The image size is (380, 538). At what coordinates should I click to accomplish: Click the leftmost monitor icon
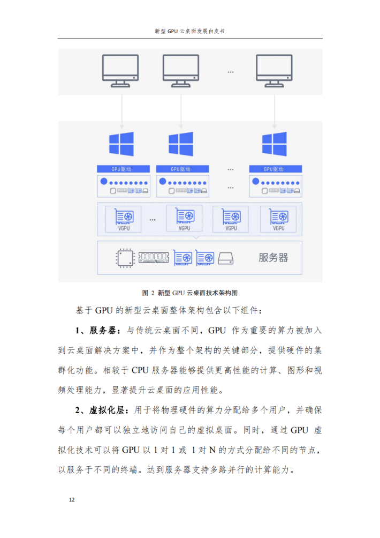(x=120, y=71)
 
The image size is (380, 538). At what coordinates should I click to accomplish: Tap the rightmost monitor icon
(x=274, y=71)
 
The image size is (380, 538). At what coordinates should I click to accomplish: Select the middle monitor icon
(x=181, y=71)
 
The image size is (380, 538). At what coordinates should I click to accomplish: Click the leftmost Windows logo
(x=121, y=144)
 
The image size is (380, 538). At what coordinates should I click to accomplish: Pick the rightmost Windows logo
(x=274, y=144)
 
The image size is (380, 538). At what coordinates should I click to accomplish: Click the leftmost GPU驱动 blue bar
(x=123, y=169)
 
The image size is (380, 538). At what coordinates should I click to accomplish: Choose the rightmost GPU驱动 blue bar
(x=276, y=169)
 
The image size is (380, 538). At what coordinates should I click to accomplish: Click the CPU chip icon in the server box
(x=125, y=258)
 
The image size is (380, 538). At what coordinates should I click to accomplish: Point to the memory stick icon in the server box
(x=154, y=257)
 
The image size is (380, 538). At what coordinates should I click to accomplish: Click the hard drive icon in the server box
(x=226, y=258)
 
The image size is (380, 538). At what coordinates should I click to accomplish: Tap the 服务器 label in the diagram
(x=273, y=258)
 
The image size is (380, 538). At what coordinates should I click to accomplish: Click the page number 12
(x=72, y=499)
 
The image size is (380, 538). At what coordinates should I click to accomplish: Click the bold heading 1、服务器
(x=98, y=331)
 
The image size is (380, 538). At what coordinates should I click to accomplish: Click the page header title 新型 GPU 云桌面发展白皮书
(x=190, y=31)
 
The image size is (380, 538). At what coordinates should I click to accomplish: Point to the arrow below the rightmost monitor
(x=274, y=112)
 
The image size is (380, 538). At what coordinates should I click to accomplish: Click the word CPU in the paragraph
(x=140, y=371)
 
